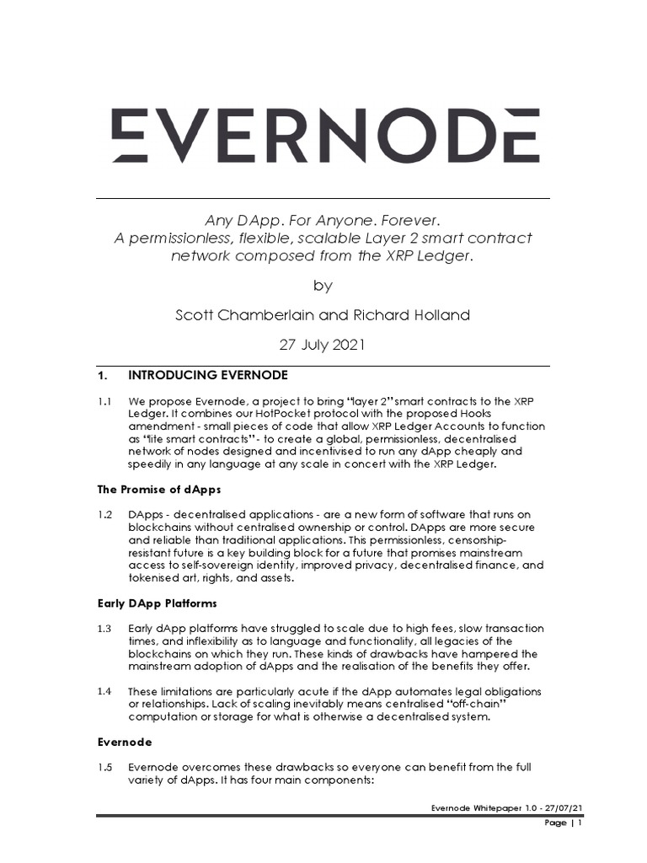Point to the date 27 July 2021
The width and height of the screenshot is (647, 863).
point(323,346)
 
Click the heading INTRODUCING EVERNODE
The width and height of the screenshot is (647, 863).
point(207,374)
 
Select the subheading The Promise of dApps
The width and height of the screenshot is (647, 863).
point(160,490)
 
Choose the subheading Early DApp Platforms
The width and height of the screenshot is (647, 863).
point(157,603)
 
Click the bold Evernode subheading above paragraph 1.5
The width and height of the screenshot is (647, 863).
point(125,743)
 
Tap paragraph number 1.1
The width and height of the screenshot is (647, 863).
point(104,401)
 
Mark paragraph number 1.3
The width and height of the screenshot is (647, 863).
point(104,629)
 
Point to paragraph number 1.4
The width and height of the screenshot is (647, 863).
point(104,691)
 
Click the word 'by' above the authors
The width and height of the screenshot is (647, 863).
point(323,285)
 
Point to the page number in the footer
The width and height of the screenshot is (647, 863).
point(579,823)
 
